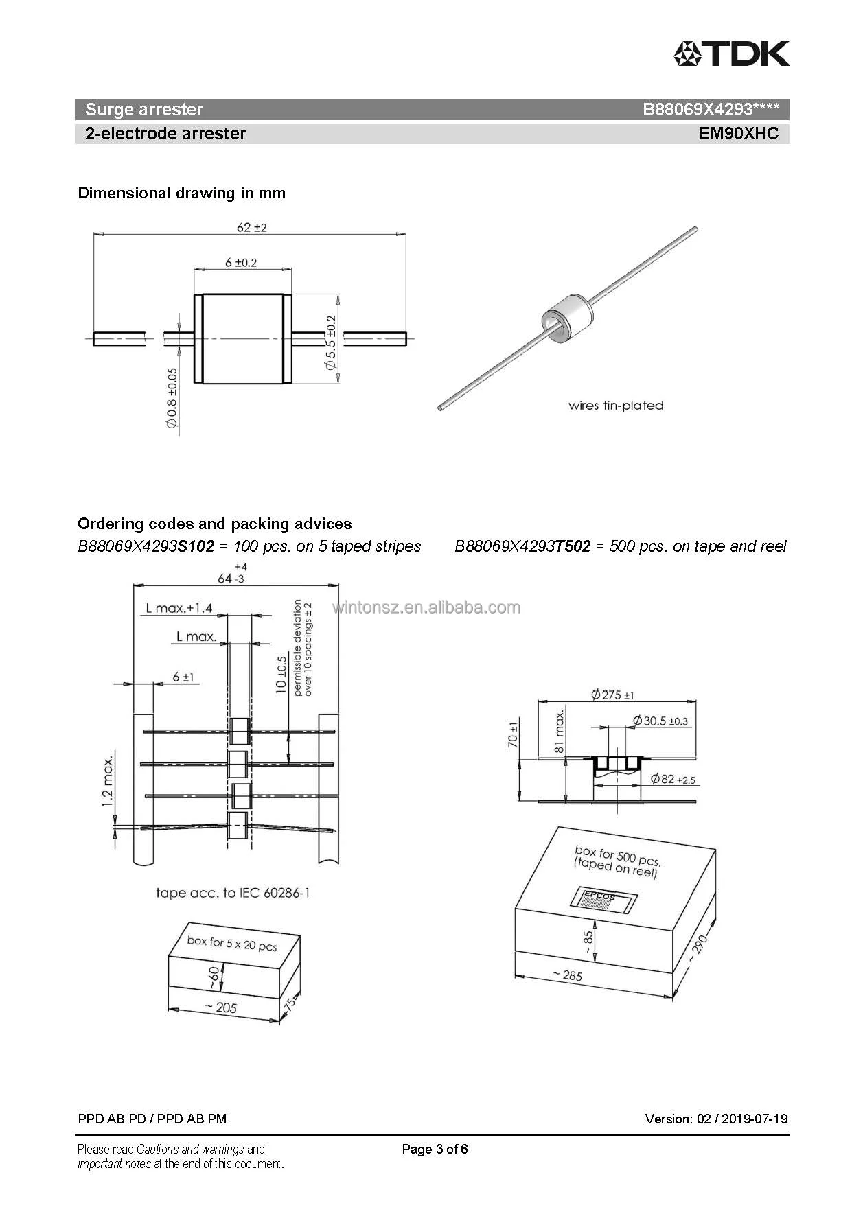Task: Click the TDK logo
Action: (731, 54)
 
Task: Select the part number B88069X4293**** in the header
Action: (711, 110)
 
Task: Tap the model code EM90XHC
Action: (739, 133)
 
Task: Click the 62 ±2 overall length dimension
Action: (251, 227)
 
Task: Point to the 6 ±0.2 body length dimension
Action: (241, 263)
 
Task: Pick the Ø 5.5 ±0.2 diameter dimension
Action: (331, 343)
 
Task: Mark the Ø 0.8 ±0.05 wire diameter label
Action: (172, 398)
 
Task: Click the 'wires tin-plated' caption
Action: (616, 406)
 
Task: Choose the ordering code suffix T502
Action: (572, 547)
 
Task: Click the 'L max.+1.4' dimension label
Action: (179, 608)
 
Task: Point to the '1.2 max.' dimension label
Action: (108, 782)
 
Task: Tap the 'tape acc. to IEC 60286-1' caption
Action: (233, 893)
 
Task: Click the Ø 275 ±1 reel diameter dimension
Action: (612, 695)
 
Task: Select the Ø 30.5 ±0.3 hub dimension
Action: (660, 721)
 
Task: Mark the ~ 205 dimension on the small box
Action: (220, 1007)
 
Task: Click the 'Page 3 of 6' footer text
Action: (435, 1149)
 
